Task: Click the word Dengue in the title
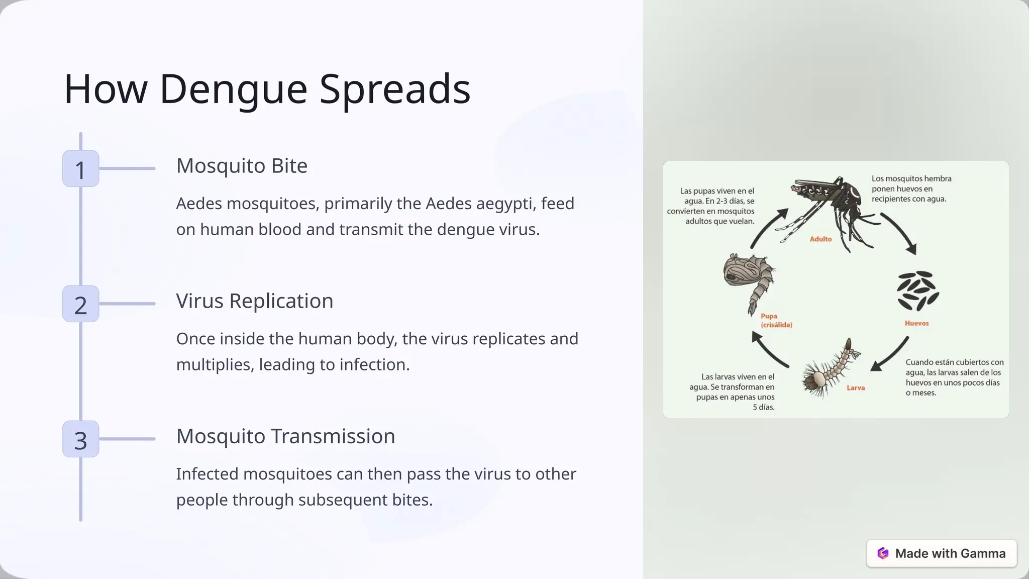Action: tap(233, 89)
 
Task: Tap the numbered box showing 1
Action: tap(80, 169)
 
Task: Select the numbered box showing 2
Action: tap(80, 304)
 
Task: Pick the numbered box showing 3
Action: tap(80, 439)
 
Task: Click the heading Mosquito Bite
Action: tap(242, 166)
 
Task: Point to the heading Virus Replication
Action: tap(254, 301)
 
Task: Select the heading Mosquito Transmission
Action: tap(285, 436)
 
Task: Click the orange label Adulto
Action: tap(820, 239)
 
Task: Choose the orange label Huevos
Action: tap(916, 323)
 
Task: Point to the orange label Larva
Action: tap(855, 388)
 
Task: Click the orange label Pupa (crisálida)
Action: tap(776, 321)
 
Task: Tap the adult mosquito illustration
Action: tap(829, 206)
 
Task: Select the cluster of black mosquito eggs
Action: tap(917, 291)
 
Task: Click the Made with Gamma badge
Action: tap(941, 553)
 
